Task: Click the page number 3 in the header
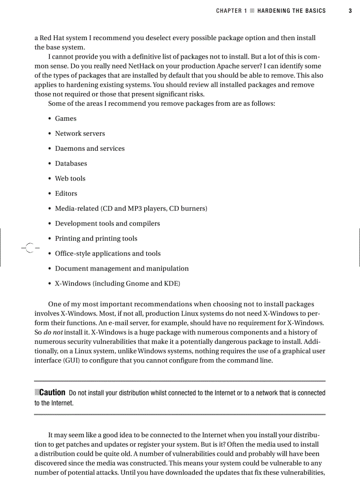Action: (x=350, y=11)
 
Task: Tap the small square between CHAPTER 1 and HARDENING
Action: (x=252, y=11)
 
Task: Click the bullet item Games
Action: (x=65, y=119)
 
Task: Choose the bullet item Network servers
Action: (x=80, y=134)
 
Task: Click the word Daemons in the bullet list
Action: (x=70, y=149)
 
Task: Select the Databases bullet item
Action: (x=71, y=164)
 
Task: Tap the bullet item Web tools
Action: (x=70, y=179)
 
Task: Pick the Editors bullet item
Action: (x=66, y=194)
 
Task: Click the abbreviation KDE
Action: (x=171, y=283)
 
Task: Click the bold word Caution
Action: (x=52, y=393)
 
